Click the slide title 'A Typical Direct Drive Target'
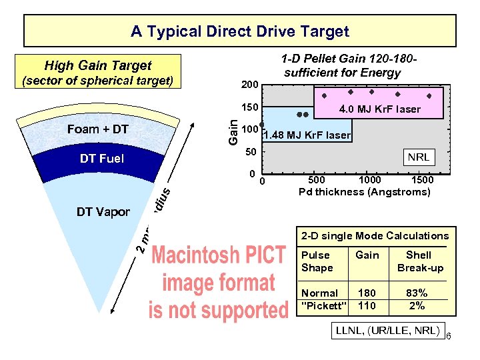pos(240,31)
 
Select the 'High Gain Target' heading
pos(97,65)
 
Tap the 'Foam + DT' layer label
pos(97,129)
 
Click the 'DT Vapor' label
pos(103,212)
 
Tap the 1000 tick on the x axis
pos(370,180)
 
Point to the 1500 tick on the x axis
pos(421,180)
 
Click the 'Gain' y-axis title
pos(232,130)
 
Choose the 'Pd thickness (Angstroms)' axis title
pos(364,192)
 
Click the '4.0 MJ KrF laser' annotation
pos(380,109)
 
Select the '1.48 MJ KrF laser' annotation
pos(307,135)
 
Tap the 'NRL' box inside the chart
pos(419,157)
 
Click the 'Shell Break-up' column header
pos(419,261)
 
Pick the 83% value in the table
pos(417,293)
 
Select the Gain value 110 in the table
pos(367,305)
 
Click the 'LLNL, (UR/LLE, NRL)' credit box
pos(388,330)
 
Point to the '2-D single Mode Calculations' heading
pos(375,235)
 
